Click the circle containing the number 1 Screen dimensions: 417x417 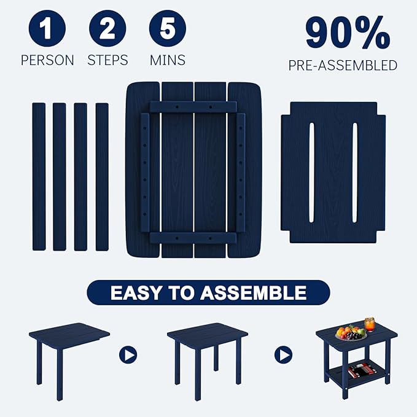point(47,29)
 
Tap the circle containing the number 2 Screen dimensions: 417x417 point(107,29)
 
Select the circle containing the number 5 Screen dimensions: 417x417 point(168,29)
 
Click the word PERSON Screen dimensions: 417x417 point(47,60)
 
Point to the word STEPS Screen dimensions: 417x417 point(107,60)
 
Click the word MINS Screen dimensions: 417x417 point(168,60)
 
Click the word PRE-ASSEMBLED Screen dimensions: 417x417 point(343,65)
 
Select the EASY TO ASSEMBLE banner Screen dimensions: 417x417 point(208,292)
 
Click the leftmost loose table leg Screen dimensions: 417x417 point(39,177)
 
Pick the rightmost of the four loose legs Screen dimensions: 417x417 point(102,177)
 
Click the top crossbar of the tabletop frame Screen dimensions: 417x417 point(193,107)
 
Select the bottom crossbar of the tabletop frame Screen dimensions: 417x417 point(193,238)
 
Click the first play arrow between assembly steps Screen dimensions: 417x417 point(128,355)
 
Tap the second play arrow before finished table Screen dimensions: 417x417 point(283,355)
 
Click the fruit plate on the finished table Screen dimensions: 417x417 point(351,333)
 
